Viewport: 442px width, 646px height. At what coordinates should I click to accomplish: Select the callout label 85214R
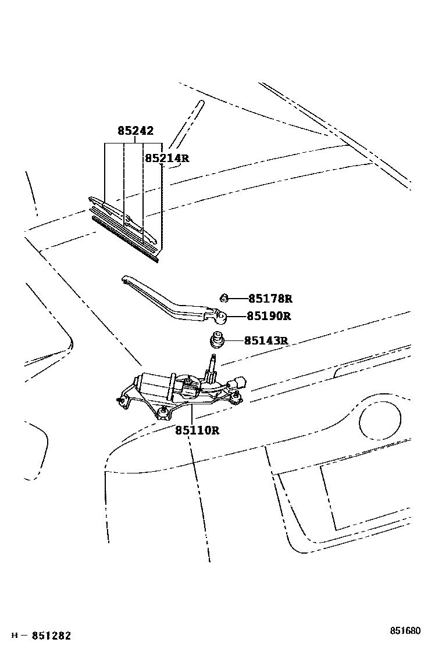pyautogui.click(x=166, y=158)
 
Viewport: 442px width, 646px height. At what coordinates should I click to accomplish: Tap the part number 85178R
pyautogui.click(x=269, y=299)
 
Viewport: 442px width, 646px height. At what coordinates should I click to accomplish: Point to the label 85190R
pyautogui.click(x=268, y=317)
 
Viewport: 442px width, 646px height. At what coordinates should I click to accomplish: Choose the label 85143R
pyautogui.click(x=266, y=340)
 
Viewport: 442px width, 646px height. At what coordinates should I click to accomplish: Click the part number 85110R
pyautogui.click(x=197, y=430)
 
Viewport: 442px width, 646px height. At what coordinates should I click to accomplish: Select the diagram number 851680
pyautogui.click(x=405, y=631)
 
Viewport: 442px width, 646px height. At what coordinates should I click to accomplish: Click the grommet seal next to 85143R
pyautogui.click(x=216, y=340)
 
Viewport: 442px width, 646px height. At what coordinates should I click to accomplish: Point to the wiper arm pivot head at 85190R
pyautogui.click(x=220, y=317)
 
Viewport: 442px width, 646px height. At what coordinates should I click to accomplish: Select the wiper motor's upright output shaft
pyautogui.click(x=211, y=366)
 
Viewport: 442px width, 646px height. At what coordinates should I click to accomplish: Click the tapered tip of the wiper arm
pyautogui.click(x=125, y=279)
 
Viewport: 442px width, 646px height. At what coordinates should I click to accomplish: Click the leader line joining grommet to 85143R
pyautogui.click(x=233, y=340)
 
